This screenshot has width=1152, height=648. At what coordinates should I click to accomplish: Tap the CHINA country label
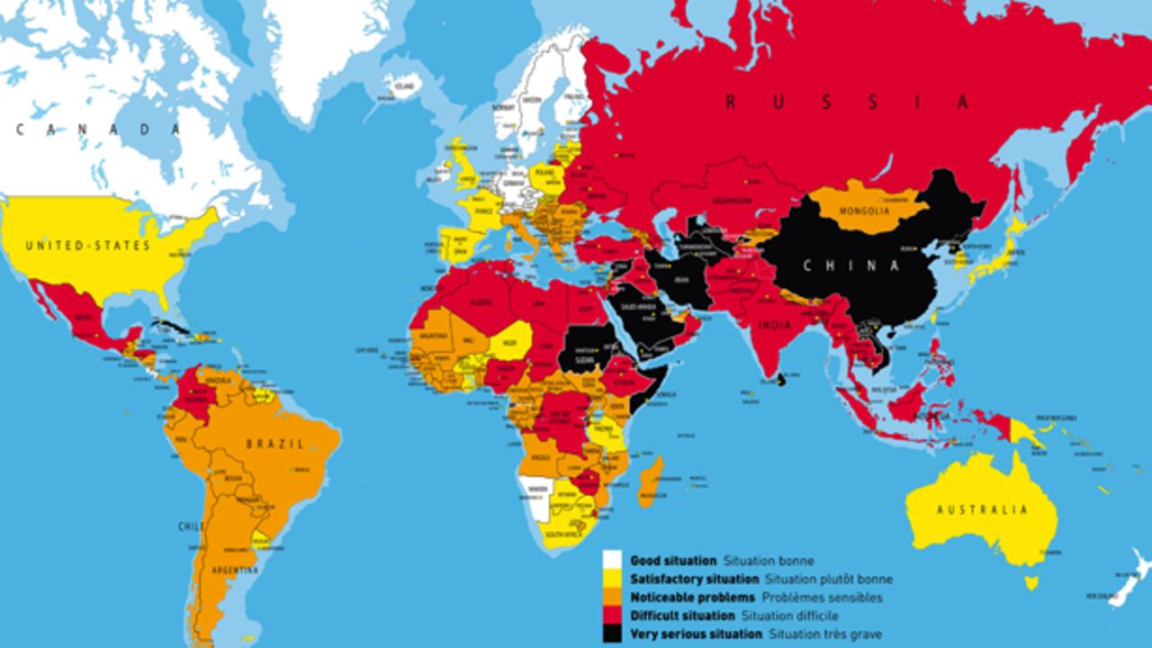click(x=851, y=265)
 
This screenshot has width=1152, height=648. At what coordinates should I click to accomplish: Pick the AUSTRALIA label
click(x=982, y=510)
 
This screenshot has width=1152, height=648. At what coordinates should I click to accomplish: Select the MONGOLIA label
click(x=864, y=212)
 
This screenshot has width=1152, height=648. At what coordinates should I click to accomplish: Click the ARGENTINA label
click(x=233, y=571)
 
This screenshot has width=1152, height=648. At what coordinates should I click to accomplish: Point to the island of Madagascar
click(x=651, y=482)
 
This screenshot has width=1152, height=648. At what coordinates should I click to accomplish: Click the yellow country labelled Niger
click(x=510, y=342)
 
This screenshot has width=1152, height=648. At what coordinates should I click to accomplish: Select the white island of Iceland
click(x=402, y=85)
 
